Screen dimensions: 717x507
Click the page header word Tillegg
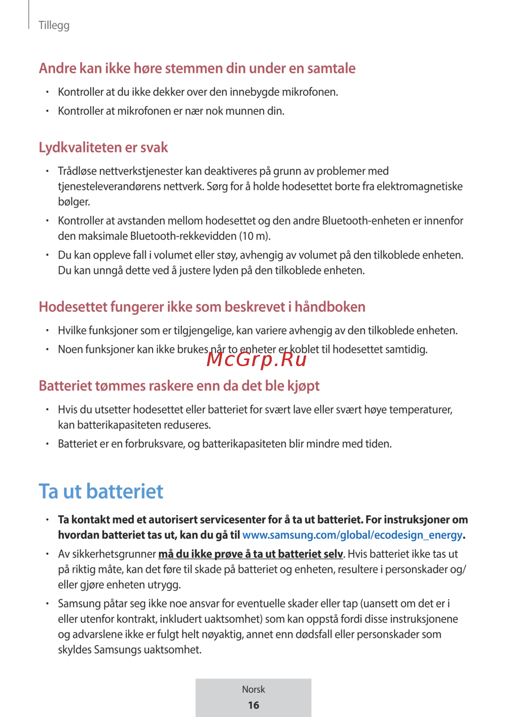54,25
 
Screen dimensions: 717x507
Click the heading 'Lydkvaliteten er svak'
103,148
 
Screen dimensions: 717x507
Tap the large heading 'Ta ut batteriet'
101,491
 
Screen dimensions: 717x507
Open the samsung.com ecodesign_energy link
352,535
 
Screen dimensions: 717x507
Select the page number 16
253,705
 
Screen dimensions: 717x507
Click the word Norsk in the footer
253,690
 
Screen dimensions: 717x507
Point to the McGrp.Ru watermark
257,359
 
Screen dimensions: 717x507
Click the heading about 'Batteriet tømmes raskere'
179,386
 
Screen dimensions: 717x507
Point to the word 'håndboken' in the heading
330,307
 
